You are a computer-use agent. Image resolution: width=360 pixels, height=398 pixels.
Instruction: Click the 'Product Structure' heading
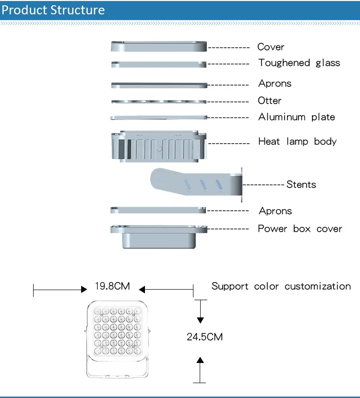tap(53, 10)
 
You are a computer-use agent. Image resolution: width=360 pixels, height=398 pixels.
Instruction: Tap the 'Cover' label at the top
tap(271, 47)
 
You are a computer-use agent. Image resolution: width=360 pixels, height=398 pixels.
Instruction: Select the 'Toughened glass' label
tap(299, 63)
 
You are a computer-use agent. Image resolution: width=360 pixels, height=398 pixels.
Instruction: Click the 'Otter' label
tap(270, 101)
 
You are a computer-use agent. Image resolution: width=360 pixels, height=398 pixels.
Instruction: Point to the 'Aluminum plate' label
tap(297, 117)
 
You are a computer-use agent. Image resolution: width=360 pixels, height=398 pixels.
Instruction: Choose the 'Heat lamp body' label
tap(298, 141)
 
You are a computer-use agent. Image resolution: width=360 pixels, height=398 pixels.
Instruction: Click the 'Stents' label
tap(301, 184)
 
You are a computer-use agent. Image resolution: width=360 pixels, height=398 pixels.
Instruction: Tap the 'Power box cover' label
tap(300, 229)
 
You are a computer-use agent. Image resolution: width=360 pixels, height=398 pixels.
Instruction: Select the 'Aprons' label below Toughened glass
tap(275, 83)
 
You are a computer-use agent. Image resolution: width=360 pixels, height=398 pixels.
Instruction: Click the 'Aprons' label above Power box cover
tap(275, 211)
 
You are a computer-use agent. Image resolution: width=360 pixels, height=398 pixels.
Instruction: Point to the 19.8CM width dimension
tap(112, 287)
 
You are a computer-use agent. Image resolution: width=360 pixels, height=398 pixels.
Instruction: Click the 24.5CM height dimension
tap(205, 337)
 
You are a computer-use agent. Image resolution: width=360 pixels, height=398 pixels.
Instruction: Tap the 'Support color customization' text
tap(281, 286)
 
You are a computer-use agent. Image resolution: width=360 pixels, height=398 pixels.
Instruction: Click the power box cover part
tap(159, 236)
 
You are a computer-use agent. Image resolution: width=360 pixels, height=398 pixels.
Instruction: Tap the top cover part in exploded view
tap(159, 47)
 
